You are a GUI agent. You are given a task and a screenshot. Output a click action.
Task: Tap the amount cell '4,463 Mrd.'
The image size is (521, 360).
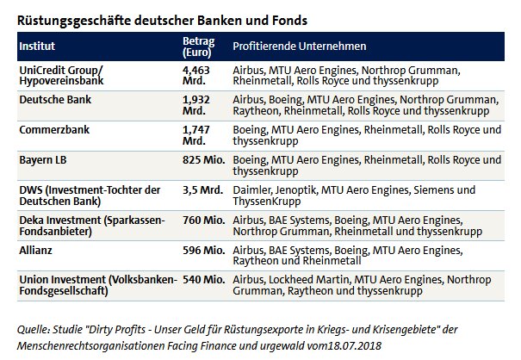pos(196,74)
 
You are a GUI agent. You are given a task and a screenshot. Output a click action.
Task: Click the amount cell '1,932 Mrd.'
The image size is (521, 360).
pos(196,105)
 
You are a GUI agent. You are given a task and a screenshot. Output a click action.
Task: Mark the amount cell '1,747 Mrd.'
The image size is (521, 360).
pos(196,135)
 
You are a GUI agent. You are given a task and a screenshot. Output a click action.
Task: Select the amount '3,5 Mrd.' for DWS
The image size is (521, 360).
pos(203,189)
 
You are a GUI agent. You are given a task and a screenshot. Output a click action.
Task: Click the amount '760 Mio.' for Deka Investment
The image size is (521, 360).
pos(204,220)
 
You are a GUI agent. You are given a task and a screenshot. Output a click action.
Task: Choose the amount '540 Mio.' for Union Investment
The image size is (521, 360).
pos(204,279)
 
